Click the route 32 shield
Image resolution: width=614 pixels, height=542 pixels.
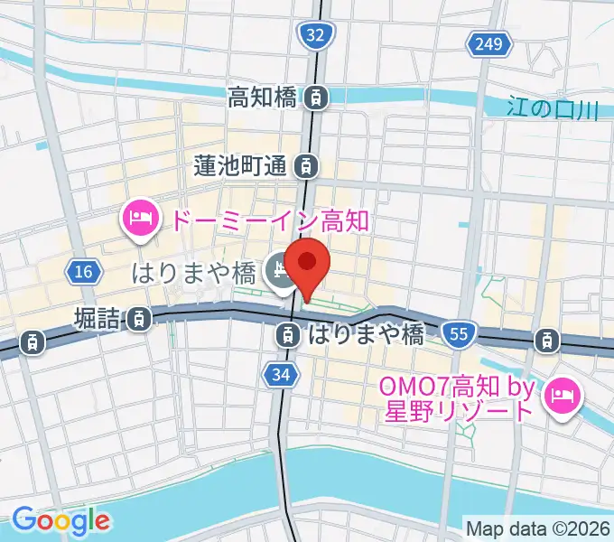tap(314, 35)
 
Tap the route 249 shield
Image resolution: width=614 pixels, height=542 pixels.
tap(485, 42)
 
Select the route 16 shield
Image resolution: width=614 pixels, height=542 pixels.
tap(84, 272)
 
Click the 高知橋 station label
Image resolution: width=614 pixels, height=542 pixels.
tap(262, 97)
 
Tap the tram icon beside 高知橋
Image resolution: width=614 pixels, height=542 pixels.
tap(316, 97)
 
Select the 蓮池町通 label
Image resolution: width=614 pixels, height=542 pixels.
tap(240, 165)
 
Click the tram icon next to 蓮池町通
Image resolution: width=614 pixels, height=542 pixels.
tap(308, 165)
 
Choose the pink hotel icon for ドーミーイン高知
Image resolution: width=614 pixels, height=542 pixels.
tap(141, 220)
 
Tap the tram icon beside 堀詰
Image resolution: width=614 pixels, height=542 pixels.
tap(139, 317)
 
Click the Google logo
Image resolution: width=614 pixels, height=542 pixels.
tap(60, 520)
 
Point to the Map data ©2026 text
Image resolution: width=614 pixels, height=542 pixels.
tap(536, 528)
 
